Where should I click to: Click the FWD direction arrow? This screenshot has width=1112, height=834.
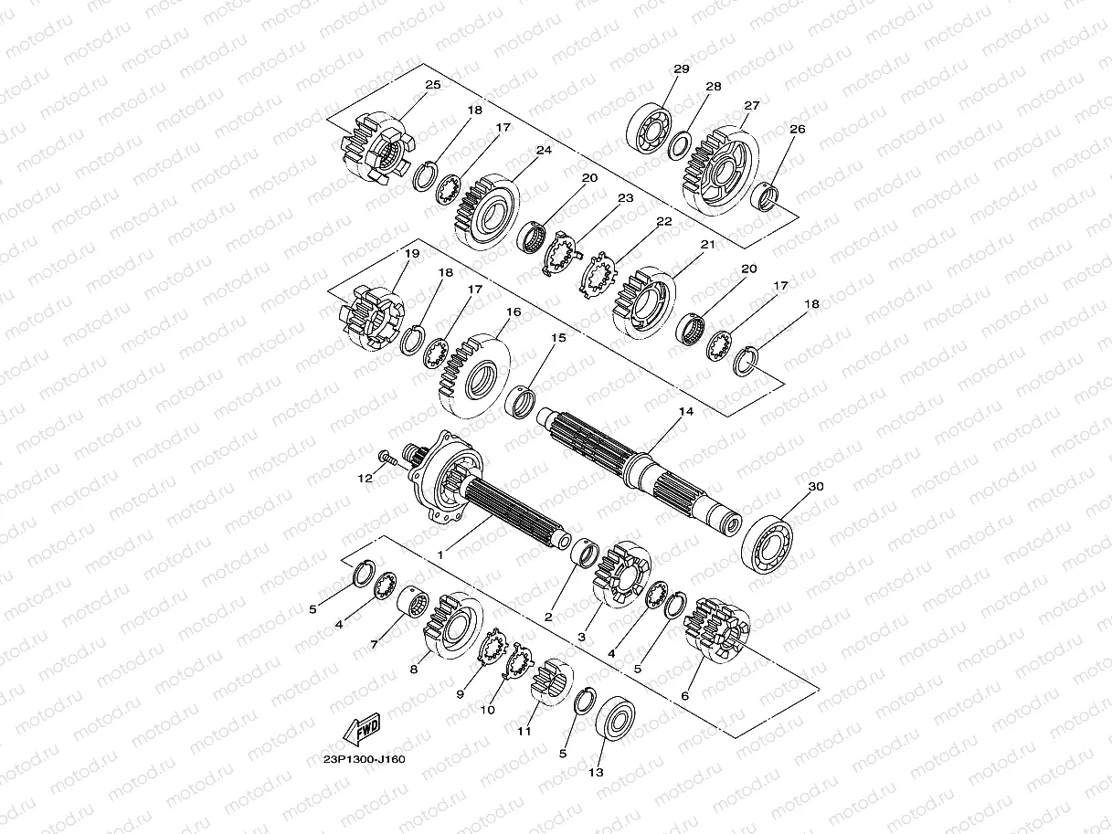click(x=361, y=729)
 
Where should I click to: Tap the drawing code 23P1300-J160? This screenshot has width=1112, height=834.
click(x=365, y=760)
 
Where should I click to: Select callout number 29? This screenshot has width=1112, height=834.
click(x=682, y=69)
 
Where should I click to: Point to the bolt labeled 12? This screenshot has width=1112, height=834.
click(x=389, y=459)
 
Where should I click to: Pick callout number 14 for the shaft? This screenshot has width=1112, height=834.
click(x=686, y=412)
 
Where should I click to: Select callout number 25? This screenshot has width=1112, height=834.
click(x=432, y=85)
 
